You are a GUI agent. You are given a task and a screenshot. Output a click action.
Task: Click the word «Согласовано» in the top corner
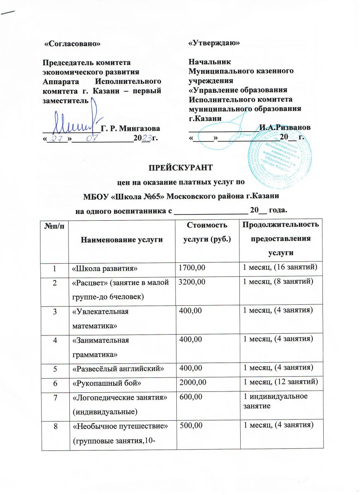pyautogui.click(x=73, y=43)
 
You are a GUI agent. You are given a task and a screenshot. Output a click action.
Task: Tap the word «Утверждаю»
pyautogui.click(x=214, y=43)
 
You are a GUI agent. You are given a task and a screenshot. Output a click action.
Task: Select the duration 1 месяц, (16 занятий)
pyautogui.click(x=279, y=269)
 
